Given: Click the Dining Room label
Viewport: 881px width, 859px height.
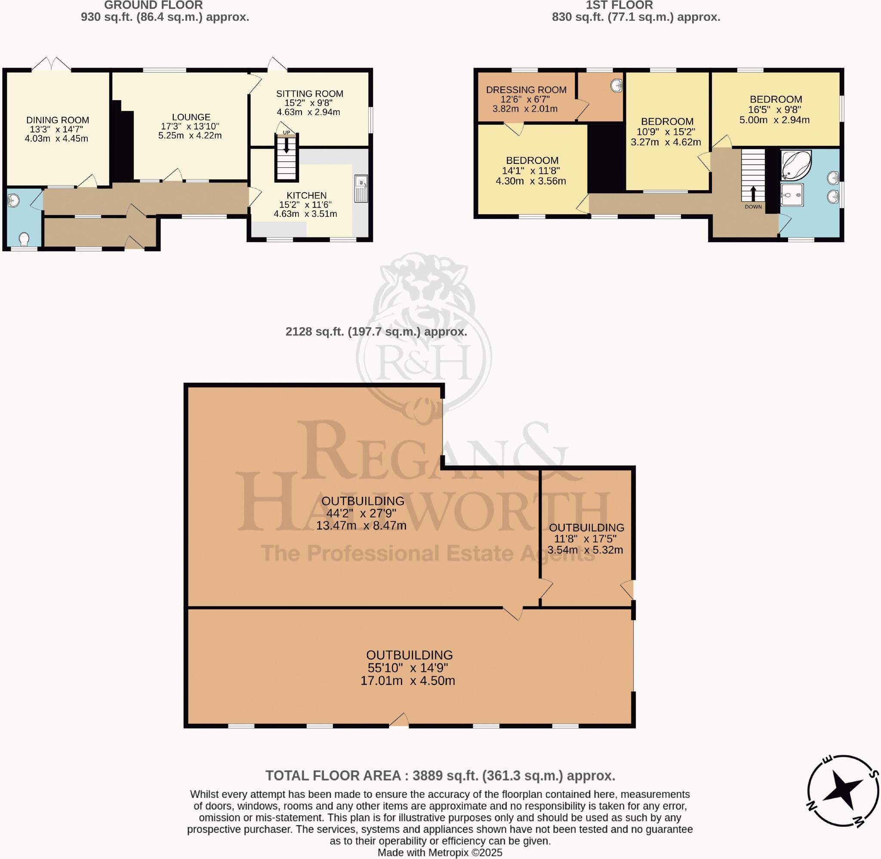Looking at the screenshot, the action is [57, 120].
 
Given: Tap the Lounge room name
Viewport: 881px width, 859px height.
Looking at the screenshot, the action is [191, 117].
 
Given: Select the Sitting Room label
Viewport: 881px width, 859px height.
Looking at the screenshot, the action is [309, 94].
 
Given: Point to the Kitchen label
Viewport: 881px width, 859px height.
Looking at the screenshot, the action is [306, 195].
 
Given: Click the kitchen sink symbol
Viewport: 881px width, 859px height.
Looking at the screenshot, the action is [361, 188].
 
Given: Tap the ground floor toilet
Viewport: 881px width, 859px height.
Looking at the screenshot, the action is [24, 238].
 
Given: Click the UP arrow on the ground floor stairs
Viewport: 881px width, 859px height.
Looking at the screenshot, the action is [286, 145].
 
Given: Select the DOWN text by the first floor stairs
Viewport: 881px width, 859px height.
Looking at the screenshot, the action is [753, 206].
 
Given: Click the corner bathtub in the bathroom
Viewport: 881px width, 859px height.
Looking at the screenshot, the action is [796, 165].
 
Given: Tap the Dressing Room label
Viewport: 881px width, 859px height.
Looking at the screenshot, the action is [526, 90].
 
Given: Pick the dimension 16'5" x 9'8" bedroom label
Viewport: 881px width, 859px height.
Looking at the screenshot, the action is [775, 110].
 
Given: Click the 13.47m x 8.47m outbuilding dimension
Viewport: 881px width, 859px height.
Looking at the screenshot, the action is [361, 526].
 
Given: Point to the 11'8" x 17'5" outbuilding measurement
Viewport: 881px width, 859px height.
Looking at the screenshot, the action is [586, 539].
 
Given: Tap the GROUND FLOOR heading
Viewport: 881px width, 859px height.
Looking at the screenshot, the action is [154, 6].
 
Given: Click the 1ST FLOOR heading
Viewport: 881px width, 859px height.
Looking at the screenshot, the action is [619, 6].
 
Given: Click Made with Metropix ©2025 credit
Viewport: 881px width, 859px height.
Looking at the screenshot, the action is [440, 852].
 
